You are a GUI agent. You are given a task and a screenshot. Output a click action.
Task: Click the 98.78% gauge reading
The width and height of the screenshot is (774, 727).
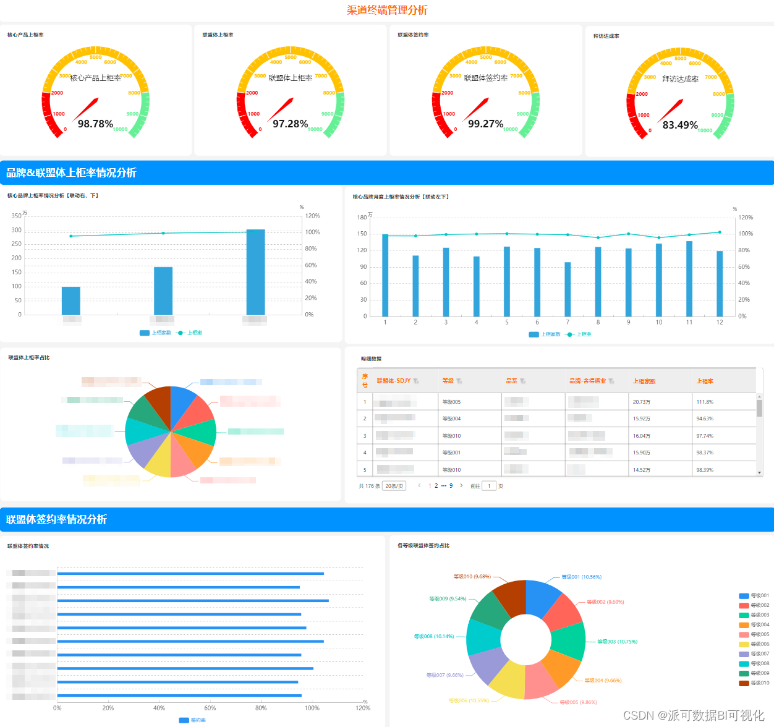point(95,124)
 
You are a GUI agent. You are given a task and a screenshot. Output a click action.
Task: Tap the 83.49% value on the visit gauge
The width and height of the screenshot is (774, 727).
point(680,125)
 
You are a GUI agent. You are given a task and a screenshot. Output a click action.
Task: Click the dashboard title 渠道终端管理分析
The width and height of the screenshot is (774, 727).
point(387,10)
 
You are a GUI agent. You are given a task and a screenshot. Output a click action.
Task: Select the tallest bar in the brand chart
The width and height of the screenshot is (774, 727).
point(255,272)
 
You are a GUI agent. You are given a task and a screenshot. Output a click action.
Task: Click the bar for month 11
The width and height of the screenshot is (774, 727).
point(689,278)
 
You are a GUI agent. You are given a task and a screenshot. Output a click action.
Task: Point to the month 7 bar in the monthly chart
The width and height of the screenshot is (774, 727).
point(568,289)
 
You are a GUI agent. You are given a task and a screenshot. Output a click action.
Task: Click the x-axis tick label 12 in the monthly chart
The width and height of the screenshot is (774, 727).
point(720,322)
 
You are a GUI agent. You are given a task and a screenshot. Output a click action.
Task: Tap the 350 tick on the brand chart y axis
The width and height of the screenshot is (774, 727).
point(17,216)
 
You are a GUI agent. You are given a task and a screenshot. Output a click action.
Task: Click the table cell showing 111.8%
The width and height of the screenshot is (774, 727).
point(705,402)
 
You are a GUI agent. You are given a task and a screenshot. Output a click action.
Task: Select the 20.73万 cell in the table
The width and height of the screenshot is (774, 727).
point(641,402)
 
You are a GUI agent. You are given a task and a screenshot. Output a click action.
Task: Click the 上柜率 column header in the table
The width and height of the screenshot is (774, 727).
point(705,381)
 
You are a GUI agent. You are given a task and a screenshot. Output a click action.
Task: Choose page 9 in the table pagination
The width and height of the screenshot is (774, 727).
point(451,486)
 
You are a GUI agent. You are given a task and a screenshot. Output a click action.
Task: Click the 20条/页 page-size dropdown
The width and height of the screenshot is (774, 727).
point(394,486)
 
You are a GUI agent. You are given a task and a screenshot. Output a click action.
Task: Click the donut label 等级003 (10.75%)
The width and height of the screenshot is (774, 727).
point(617,642)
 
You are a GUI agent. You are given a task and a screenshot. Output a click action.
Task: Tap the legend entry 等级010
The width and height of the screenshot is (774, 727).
point(755,683)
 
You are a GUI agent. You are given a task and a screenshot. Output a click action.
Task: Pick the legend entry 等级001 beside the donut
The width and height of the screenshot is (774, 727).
point(755,596)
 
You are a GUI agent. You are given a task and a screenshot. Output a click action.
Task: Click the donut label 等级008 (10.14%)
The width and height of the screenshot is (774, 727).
point(434,636)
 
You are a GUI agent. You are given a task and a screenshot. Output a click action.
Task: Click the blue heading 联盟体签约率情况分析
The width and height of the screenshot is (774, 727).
point(57,519)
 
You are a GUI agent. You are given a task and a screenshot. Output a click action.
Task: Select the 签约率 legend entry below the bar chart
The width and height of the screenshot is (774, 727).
point(192,720)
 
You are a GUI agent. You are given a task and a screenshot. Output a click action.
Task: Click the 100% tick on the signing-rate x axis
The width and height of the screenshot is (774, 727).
point(312,708)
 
